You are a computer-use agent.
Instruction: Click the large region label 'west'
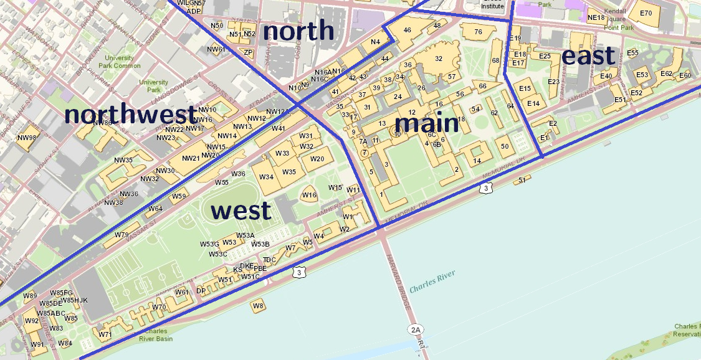(x=241, y=211)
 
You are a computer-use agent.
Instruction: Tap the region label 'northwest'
(x=130, y=115)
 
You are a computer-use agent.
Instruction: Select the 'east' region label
(x=589, y=56)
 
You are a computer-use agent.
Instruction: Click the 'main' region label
(x=427, y=123)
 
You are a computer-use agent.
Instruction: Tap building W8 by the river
(x=258, y=305)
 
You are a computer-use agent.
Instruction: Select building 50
(x=505, y=146)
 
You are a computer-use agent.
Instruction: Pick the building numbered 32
(x=439, y=59)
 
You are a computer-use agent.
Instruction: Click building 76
(x=478, y=32)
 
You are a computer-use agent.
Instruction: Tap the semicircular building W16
(x=309, y=195)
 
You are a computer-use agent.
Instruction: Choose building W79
(x=122, y=235)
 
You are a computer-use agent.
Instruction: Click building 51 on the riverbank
(x=522, y=180)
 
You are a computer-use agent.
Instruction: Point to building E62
(x=666, y=74)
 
